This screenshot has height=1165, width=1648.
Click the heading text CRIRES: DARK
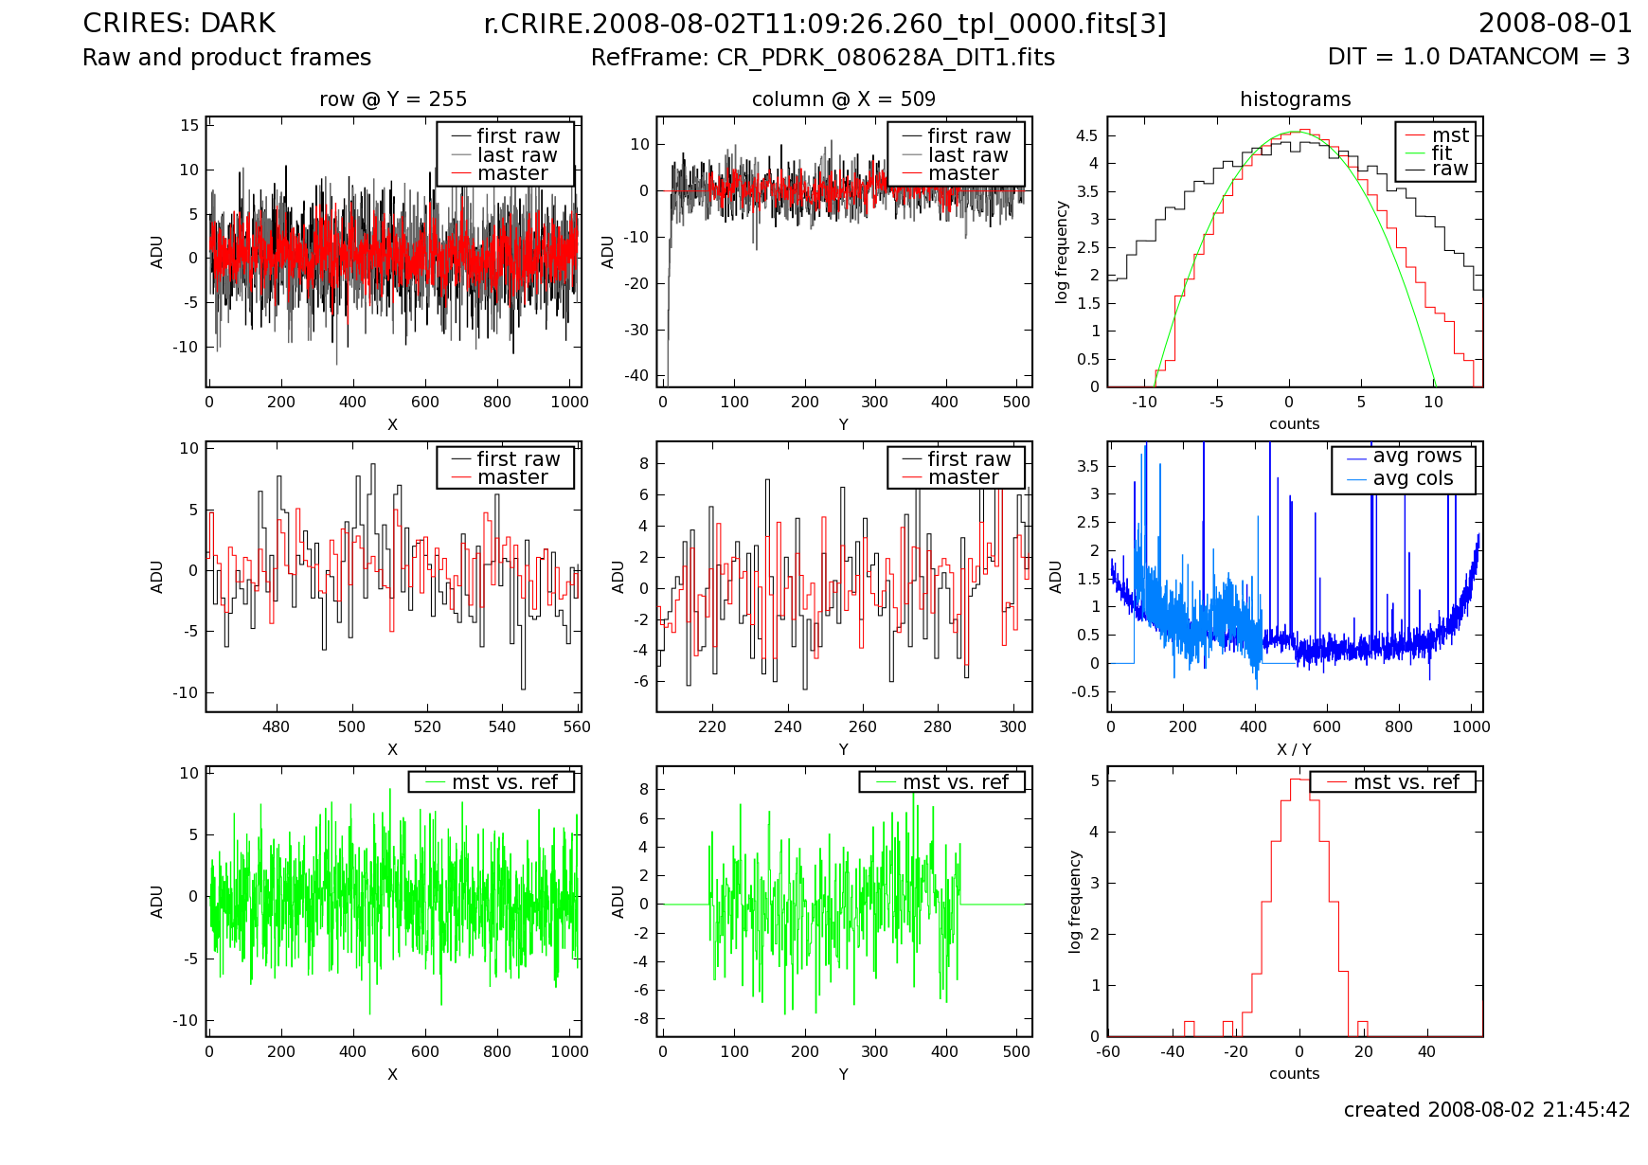pos(179,24)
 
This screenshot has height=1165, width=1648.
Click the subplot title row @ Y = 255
pos(393,99)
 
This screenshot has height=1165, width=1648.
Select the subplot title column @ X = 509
pos(843,99)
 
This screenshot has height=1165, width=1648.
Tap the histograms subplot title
pos(1295,99)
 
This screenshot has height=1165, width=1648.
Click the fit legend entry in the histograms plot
pos(1442,152)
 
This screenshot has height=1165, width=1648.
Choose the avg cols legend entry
pos(1412,479)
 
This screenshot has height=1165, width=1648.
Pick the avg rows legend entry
pos(1417,457)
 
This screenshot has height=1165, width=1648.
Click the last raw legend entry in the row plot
pos(517,155)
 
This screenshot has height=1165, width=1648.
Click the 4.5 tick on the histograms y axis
pos(1086,135)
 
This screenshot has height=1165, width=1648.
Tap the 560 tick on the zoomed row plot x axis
pos(576,727)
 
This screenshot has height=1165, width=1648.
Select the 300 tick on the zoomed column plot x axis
pos(1012,727)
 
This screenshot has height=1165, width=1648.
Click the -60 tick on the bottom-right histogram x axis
pos(1108,1051)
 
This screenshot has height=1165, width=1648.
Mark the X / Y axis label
pos(1294,749)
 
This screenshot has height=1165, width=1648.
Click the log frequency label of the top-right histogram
pos(1062,252)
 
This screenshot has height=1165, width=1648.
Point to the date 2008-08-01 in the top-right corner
pos(1555,24)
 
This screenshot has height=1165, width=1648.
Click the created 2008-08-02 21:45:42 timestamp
pos(1487,1110)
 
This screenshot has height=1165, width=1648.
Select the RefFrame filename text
pos(822,58)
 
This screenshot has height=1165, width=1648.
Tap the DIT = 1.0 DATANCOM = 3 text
pos(1478,57)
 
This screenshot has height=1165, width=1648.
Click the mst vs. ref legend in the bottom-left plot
pos(504,782)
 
